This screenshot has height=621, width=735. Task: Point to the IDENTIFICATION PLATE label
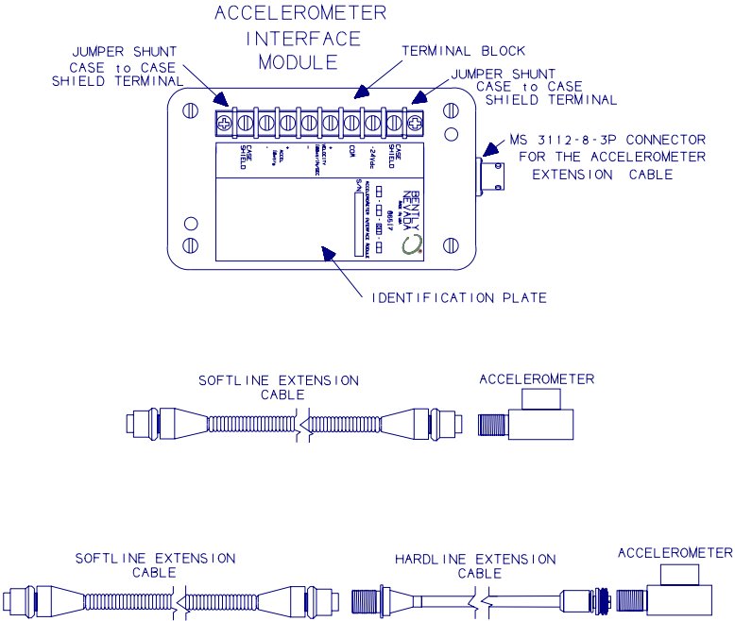click(454, 298)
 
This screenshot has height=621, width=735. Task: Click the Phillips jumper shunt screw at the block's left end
click(224, 121)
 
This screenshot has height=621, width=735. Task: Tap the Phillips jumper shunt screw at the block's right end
click(414, 121)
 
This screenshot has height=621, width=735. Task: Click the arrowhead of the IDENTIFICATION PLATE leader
click(323, 250)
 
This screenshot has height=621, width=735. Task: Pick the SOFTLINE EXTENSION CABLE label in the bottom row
click(156, 565)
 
